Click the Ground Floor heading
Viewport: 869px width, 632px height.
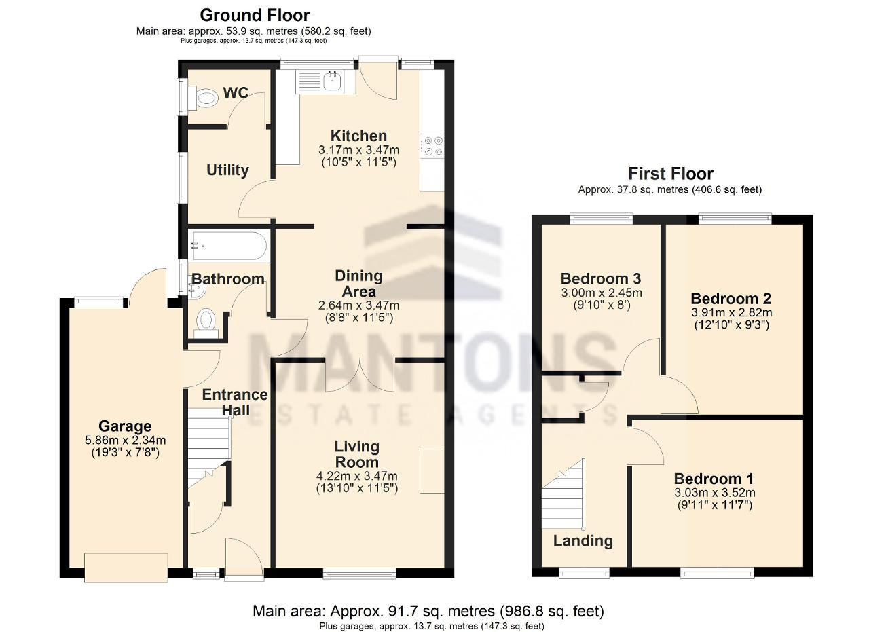coord(255,16)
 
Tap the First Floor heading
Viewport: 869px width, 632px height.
coord(671,174)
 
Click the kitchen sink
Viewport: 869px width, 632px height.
coord(332,81)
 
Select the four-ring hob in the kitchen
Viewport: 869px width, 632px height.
coord(433,146)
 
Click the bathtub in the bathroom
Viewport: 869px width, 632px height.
coord(229,245)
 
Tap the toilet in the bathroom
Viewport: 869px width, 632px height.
coord(206,323)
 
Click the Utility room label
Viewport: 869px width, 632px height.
coord(227,170)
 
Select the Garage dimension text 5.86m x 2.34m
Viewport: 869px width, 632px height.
coord(126,440)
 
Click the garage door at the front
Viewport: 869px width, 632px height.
coord(126,568)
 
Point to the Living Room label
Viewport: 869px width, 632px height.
coord(357,454)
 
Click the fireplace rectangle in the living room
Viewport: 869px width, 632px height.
coord(432,471)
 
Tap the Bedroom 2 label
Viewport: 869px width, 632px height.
coord(731,298)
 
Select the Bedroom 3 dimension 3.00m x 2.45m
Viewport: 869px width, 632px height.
coord(602,292)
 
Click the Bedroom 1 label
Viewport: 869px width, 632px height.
coord(714,479)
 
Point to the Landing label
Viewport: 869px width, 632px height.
coord(583,540)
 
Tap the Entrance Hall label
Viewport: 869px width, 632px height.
coord(235,403)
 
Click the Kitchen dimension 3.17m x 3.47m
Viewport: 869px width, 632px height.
coord(359,150)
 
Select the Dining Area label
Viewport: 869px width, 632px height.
coord(359,284)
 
